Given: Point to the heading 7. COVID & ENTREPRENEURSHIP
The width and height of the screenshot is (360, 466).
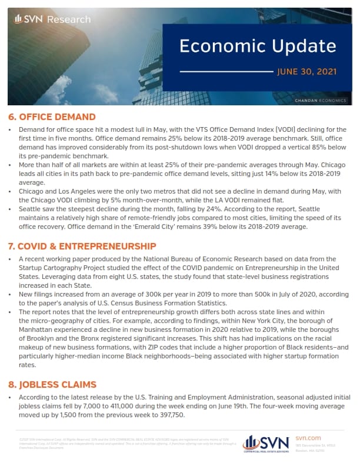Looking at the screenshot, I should click(x=82, y=245).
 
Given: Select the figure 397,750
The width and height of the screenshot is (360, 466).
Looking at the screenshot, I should click(x=169, y=415).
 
